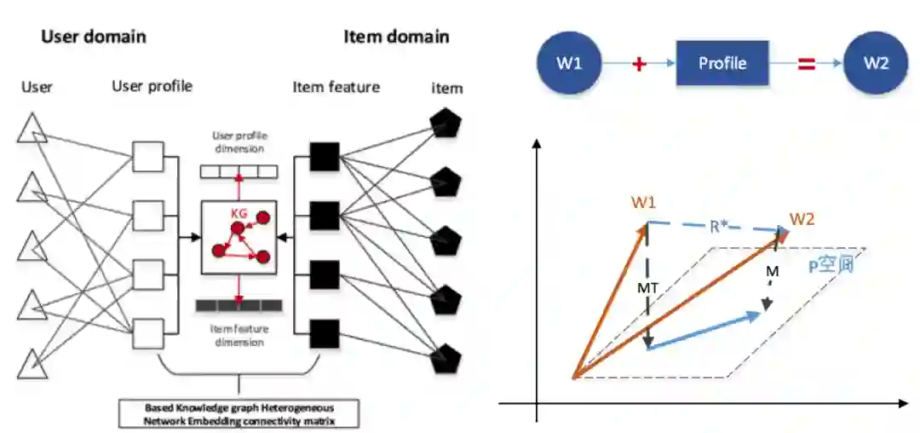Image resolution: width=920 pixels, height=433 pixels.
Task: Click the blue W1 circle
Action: click(568, 63)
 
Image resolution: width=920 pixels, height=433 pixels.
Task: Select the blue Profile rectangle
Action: click(722, 63)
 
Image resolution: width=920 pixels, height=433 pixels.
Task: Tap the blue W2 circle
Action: click(875, 63)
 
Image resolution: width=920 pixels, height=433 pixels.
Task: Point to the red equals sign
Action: click(805, 63)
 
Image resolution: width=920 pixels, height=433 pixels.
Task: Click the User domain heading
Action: click(94, 37)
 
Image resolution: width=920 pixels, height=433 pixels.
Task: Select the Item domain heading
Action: click(396, 37)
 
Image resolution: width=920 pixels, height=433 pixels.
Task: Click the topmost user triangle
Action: click(32, 132)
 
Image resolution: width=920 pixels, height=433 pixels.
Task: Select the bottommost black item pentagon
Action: click(444, 359)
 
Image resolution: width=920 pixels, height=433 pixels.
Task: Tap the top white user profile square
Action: click(147, 158)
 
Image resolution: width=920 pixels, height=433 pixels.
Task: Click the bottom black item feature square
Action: click(324, 333)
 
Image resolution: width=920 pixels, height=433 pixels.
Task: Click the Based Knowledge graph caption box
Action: click(239, 414)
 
